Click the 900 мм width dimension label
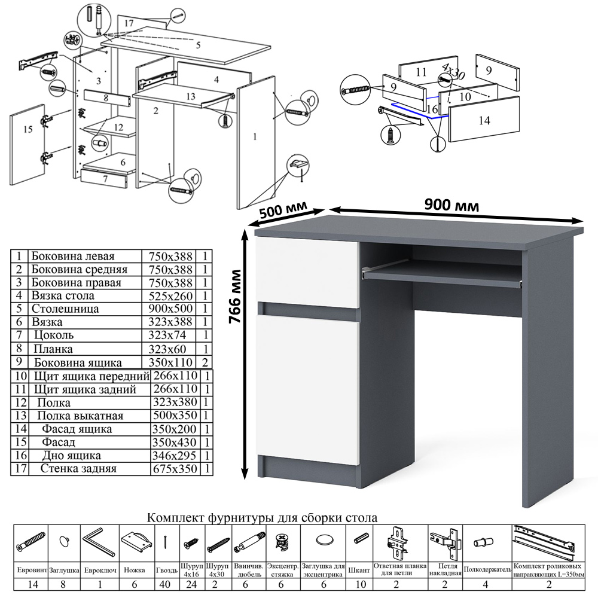pyautogui.click(x=451, y=205)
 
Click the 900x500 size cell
pyautogui.click(x=171, y=309)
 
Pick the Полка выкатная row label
pyautogui.click(x=80, y=416)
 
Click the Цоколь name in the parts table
pyautogui.click(x=53, y=336)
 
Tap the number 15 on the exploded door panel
pyautogui.click(x=26, y=129)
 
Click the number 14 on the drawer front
pyautogui.click(x=484, y=120)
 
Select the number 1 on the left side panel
pyautogui.click(x=255, y=137)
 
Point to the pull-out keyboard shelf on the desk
pyautogui.click(x=443, y=274)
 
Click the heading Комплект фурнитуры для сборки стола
pyautogui.click(x=263, y=517)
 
